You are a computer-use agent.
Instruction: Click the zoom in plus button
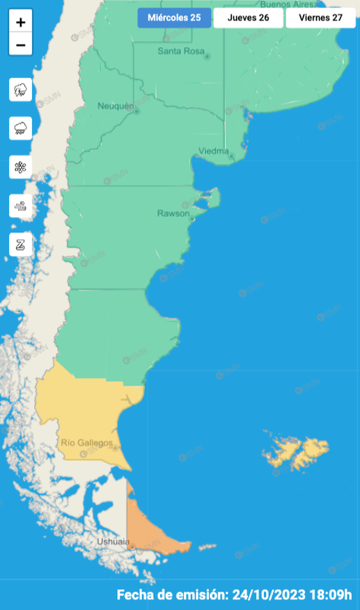pos(21,22)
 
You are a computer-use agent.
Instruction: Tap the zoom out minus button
pos(21,45)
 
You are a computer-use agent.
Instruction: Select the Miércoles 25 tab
pos(174,18)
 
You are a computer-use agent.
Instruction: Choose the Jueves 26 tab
pos(248,18)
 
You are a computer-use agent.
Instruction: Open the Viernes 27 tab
pos(320,18)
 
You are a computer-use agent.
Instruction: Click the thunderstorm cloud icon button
pos(21,90)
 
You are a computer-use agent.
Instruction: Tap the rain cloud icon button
pos(21,128)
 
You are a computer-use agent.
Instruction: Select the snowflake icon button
pos(21,167)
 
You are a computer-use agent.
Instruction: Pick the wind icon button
pos(21,206)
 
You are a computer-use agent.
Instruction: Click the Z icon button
pos(21,245)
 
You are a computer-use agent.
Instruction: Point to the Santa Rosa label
pos(181,51)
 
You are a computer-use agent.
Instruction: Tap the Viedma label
pos(213,151)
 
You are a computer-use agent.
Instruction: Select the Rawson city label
pos(172,213)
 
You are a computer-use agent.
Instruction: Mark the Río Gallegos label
pos(86,442)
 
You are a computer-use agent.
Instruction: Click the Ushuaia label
pos(113,542)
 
